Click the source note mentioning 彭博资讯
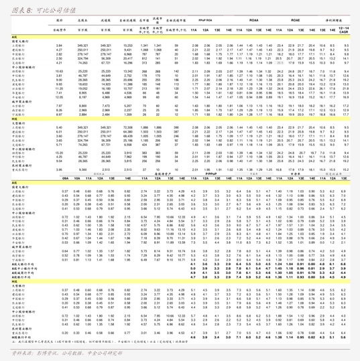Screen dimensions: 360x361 coord(54,351)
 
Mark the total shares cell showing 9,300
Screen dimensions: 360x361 coord(84,170)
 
